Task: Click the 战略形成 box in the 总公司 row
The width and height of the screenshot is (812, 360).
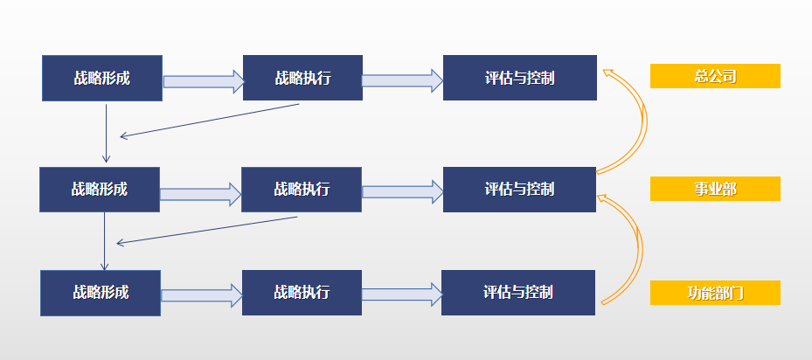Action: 102,79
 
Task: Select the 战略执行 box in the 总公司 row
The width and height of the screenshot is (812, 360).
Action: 302,78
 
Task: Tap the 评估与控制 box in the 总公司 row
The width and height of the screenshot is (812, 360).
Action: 520,78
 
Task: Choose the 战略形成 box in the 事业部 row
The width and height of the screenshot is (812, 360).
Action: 100,190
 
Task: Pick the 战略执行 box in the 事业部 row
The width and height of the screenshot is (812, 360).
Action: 302,190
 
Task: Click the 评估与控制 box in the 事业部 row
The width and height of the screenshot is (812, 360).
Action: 519,190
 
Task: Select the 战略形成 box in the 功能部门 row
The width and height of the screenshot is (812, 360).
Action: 101,294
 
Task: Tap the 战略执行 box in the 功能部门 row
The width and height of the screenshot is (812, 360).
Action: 302,293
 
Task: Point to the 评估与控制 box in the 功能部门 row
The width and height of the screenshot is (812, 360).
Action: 518,293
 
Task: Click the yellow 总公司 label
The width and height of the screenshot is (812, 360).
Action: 715,76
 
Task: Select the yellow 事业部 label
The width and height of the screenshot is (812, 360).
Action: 715,189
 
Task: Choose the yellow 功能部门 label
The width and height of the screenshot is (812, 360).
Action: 715,293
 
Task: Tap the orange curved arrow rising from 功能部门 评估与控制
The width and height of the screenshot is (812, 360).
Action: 640,249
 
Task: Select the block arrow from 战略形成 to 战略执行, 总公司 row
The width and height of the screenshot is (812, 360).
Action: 204,81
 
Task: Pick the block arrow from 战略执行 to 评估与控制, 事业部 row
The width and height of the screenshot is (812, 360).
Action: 403,191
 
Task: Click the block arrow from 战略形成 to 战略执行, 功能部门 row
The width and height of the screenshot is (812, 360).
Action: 202,295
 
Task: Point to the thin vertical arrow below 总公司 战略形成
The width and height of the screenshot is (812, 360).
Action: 106,134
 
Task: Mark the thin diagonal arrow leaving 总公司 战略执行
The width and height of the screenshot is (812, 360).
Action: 210,121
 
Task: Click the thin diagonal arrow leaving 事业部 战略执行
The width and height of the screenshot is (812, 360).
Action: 206,231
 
